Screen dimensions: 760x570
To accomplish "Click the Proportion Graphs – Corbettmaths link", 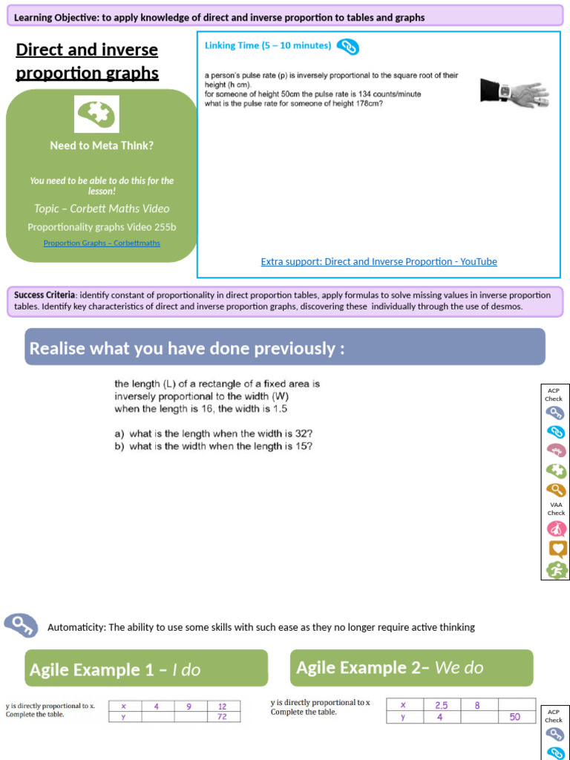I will tap(102, 243).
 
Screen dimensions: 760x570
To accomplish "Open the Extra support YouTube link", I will tap(379, 261).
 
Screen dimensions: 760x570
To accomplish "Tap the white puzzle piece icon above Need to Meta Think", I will tap(96, 114).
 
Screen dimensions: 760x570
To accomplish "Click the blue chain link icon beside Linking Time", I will tap(347, 47).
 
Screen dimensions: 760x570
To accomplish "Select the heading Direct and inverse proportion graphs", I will tap(87, 61).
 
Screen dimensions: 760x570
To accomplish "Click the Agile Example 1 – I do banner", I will tap(146, 669).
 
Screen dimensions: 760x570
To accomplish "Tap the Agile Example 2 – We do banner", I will tap(411, 667).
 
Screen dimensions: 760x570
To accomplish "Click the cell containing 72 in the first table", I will tap(223, 717).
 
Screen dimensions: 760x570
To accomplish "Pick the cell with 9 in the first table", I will tap(189, 707).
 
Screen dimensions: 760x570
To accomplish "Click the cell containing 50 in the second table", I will tap(514, 717).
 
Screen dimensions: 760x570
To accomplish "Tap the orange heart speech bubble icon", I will tap(557, 549).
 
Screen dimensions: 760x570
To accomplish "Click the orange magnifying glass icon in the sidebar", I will tap(556, 490).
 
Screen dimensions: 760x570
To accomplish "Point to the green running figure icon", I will tap(557, 569).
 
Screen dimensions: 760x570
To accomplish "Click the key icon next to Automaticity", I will tap(21, 626).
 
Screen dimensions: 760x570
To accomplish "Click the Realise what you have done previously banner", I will tap(285, 347).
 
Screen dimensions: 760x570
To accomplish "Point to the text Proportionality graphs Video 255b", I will tap(102, 226).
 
